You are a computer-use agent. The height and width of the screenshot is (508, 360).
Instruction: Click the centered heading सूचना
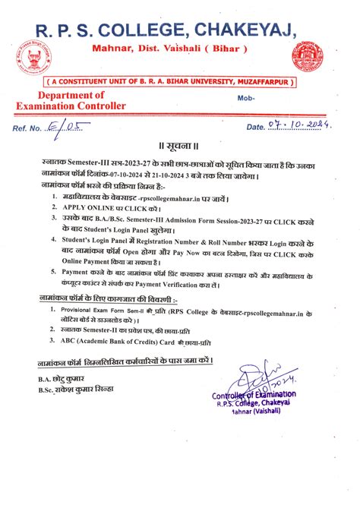(x=180, y=145)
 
